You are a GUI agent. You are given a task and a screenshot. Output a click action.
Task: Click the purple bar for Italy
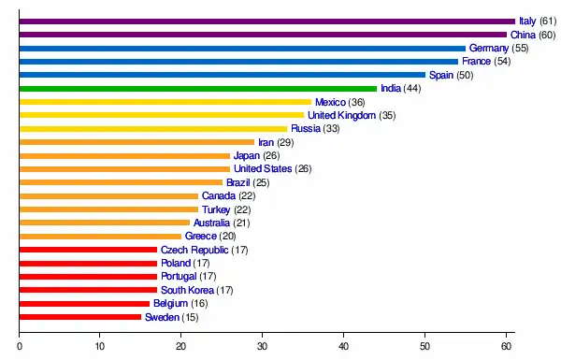coord(267,22)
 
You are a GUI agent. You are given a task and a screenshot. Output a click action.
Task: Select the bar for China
coord(264,35)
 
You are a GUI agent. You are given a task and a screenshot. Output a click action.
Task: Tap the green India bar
coord(198,89)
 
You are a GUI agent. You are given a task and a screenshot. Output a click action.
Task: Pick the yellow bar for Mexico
coord(165,102)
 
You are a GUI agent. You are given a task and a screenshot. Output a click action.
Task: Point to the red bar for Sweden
coord(80,317)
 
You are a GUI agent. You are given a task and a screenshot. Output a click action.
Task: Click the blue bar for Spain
coord(223,75)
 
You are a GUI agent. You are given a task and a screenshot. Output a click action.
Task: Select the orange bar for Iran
coord(137,142)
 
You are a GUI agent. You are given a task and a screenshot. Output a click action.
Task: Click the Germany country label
coord(489,49)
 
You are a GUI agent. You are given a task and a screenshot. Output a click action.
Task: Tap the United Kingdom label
coord(341,115)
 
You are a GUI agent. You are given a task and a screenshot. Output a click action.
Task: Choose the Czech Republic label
coord(194,250)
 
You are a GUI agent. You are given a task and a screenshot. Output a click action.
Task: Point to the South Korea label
coord(187,290)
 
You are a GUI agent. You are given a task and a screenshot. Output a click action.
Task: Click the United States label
coord(263,169)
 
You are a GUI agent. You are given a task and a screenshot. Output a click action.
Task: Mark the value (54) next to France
coord(502,62)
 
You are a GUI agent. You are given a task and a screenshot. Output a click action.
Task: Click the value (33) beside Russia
coord(331,129)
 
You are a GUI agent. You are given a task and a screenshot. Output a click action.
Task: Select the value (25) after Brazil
coord(261,183)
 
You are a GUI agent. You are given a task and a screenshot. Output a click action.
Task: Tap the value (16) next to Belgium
coord(199,304)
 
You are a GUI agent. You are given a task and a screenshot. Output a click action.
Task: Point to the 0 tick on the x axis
coord(20,346)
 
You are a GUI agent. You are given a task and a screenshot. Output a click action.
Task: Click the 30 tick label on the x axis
coord(262,346)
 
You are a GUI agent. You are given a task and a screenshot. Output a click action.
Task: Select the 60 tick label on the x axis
coord(506,346)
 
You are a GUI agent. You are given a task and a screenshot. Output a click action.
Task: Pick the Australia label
coord(211,223)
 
